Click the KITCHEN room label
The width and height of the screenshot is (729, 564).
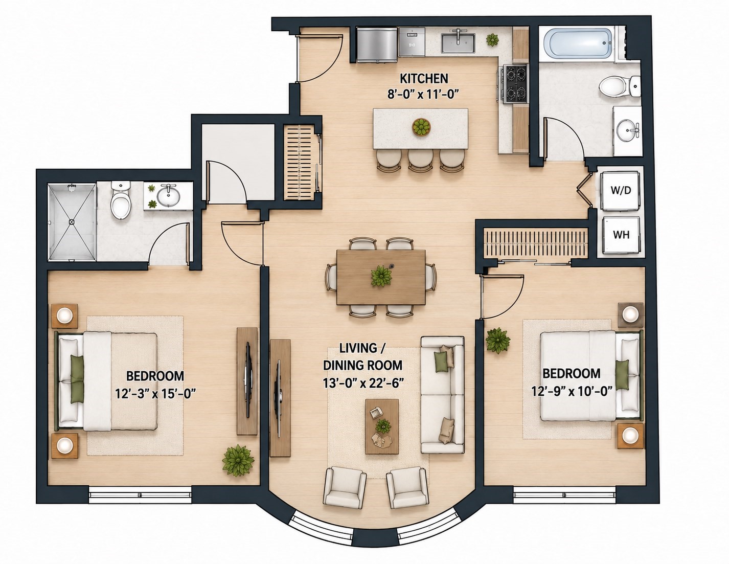pos(424,79)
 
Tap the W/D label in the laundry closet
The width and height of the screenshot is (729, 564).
pos(621,191)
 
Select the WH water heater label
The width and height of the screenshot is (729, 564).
pos(621,235)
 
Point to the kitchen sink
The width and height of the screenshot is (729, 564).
pos(458,42)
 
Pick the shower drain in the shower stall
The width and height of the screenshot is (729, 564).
pos(71,222)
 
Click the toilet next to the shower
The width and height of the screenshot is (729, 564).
pos(121,200)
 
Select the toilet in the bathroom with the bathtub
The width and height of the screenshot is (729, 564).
pos(619,86)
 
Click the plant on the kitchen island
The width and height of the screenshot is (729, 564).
pos(421,127)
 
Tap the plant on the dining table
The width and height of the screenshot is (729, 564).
pos(381,276)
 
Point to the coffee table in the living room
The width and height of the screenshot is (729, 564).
pos(382,426)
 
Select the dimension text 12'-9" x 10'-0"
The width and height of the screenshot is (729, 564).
pos(572,391)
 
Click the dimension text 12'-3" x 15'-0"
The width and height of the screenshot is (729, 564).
pos(155,393)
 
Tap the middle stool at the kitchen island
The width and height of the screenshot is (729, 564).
pos(421,160)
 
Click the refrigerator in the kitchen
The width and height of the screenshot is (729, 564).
pos(377,45)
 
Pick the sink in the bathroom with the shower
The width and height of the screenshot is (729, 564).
pos(168,195)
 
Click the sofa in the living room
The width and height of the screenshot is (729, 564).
pos(443,395)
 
